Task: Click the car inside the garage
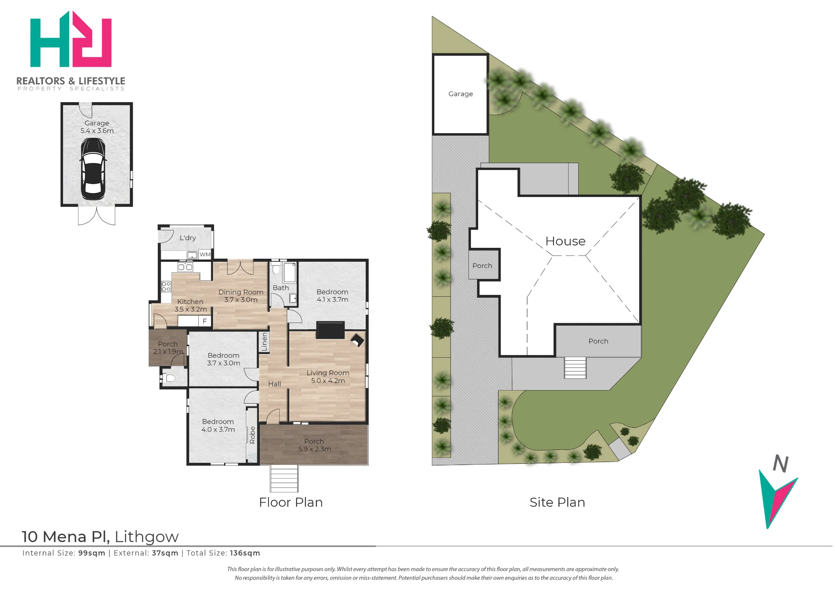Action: point(93,169)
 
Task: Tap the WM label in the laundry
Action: point(205,254)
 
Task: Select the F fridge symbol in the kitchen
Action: point(205,321)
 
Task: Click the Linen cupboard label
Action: point(264,342)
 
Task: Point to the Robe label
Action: point(252,435)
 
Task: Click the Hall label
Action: point(274,384)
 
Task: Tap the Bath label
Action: point(281,288)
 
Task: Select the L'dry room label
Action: point(187,237)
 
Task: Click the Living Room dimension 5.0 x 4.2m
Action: point(328,381)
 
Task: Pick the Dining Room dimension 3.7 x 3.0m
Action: point(240,300)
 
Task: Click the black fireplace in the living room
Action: point(330,330)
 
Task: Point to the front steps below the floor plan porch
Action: point(284,479)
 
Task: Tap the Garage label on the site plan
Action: point(461,94)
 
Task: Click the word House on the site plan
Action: point(565,241)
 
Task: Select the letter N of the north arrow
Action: point(780,463)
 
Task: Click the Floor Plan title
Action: point(291,502)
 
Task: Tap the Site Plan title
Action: point(557,502)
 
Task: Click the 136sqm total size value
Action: point(245,553)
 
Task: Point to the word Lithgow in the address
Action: point(147,537)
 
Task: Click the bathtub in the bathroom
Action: point(290,272)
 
